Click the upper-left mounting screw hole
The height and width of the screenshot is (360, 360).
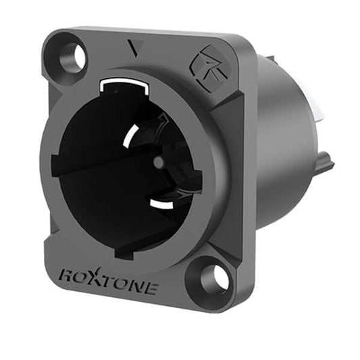click(70, 56)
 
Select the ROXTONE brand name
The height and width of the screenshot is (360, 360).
click(109, 280)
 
